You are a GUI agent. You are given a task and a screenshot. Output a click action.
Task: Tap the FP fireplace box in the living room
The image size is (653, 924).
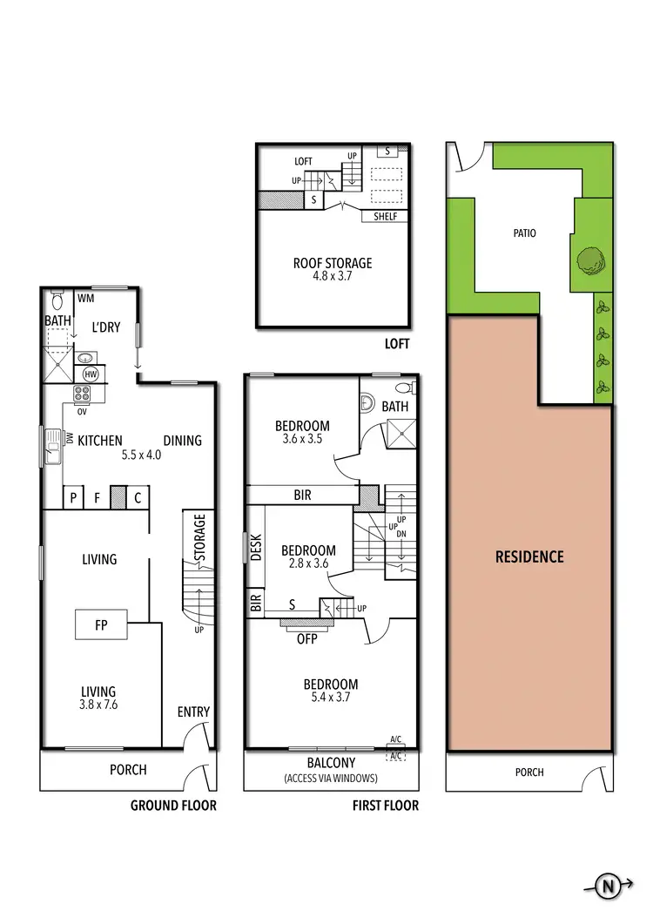point(101,624)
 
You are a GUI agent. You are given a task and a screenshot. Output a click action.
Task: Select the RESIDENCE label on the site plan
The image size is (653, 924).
point(529,556)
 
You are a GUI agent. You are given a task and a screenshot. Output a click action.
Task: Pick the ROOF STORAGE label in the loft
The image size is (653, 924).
point(332,262)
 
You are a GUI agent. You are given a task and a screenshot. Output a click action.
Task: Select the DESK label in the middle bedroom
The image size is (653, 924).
point(256,546)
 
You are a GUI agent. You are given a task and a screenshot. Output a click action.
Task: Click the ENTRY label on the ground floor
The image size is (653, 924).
point(193,712)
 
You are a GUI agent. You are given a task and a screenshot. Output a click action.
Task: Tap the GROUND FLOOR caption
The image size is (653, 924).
point(173,806)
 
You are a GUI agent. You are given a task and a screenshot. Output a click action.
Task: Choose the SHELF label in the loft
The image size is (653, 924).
point(385,216)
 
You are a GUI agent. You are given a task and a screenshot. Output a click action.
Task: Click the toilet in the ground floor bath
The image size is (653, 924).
point(57,301)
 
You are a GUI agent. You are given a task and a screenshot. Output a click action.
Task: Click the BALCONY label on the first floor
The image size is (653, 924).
point(331,762)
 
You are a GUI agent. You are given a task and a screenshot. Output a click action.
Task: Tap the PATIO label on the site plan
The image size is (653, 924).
point(524,233)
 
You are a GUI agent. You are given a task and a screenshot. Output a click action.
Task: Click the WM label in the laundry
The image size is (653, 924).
point(85,299)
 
